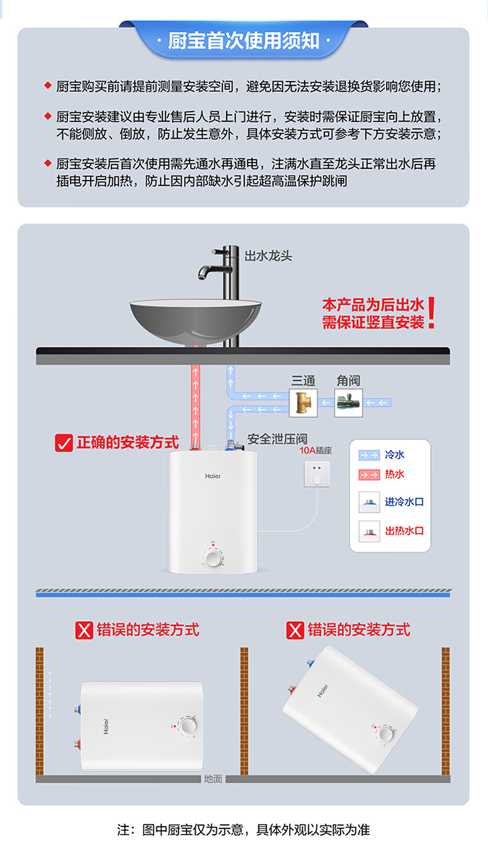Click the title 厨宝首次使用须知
point(243,41)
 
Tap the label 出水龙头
point(268,255)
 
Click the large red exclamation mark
point(432,313)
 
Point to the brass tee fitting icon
point(303,403)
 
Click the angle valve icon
point(348,403)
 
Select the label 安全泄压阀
point(277,439)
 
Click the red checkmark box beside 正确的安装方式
point(64,443)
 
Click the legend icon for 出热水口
point(369,531)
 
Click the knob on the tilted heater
point(386,734)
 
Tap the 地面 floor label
point(212,779)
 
